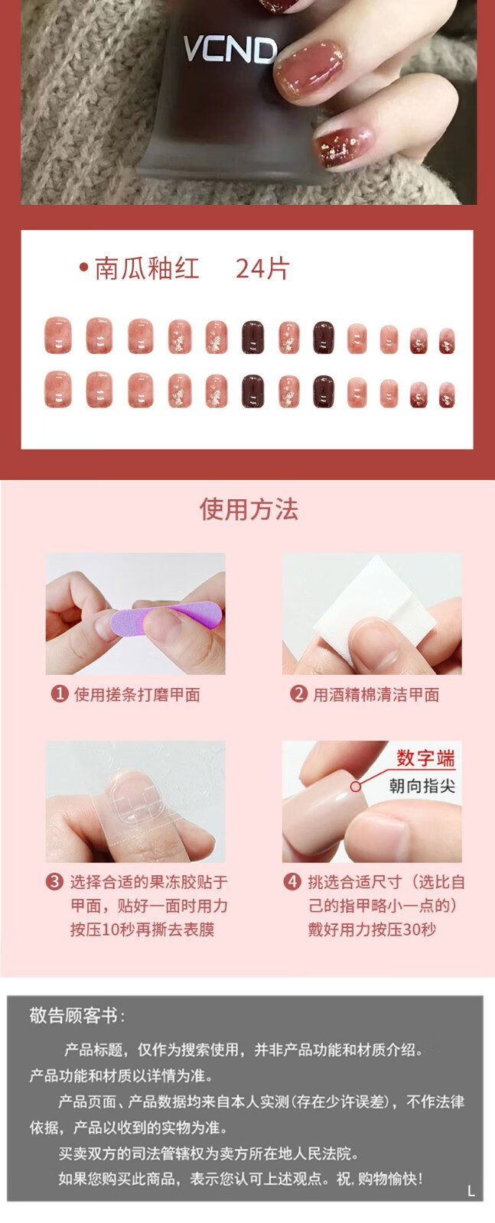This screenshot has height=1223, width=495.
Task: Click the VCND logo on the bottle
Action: click(230, 50)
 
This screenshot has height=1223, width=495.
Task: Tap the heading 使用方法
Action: click(249, 509)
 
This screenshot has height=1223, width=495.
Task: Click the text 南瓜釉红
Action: click(146, 268)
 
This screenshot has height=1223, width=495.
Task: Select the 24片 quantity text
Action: click(262, 268)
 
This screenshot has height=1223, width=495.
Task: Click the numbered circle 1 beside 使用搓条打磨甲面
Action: click(59, 694)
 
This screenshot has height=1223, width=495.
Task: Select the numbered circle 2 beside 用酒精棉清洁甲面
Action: click(298, 694)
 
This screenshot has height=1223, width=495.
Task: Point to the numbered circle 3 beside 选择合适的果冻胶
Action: click(54, 882)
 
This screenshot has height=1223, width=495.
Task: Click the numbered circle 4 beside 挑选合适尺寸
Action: click(292, 882)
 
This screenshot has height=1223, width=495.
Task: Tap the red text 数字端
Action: click(425, 758)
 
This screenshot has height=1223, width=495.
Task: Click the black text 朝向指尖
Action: click(422, 787)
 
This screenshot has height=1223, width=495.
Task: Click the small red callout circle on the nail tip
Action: click(356, 787)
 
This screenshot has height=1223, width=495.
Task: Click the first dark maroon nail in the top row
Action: click(253, 337)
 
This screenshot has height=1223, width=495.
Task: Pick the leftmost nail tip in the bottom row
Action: click(58, 389)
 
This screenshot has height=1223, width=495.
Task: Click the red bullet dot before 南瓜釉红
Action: click(83, 268)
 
